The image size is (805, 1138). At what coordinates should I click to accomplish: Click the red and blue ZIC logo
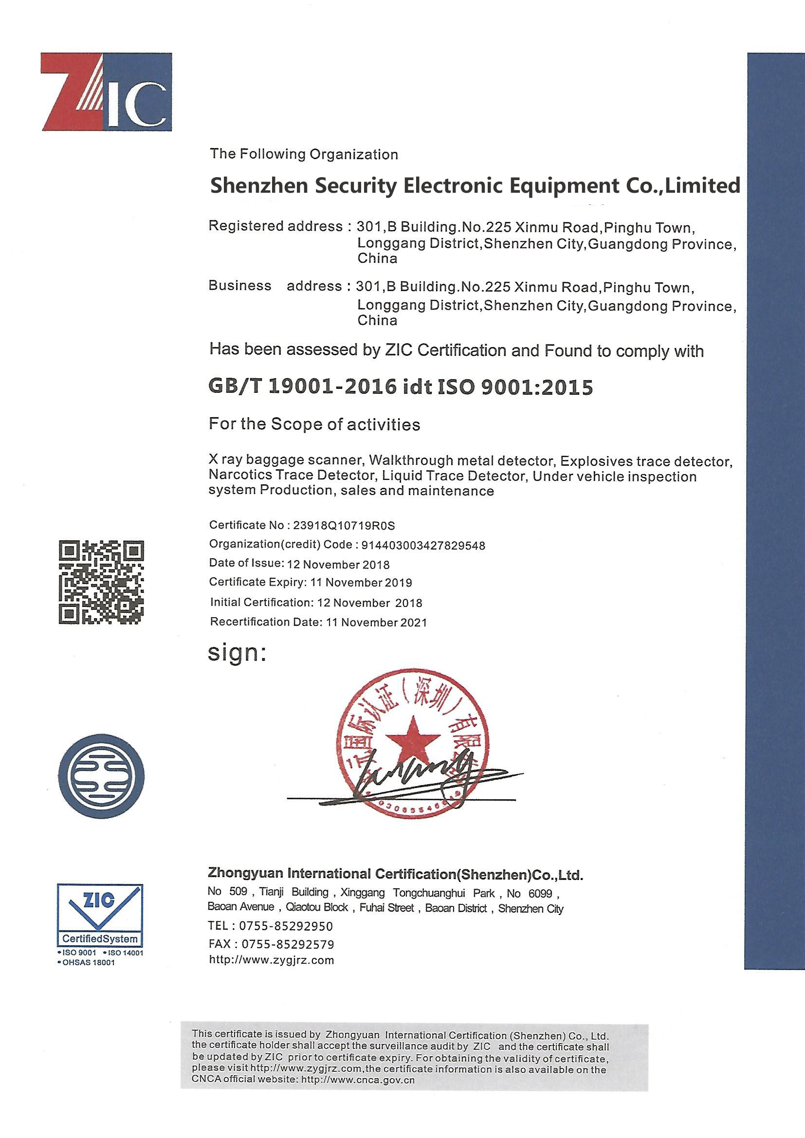[106, 92]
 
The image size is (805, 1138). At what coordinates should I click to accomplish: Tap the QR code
[101, 582]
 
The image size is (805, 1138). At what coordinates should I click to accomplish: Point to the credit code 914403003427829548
[423, 546]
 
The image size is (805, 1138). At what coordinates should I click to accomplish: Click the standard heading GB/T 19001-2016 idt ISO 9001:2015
[401, 387]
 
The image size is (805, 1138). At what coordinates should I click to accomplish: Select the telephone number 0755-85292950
[286, 926]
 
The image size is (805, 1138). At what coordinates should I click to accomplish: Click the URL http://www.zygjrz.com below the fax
[272, 960]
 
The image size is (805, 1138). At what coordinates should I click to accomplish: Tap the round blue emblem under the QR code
[101, 776]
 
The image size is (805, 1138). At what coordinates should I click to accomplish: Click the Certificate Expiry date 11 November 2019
[361, 583]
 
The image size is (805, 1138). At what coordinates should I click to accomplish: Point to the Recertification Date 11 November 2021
[376, 623]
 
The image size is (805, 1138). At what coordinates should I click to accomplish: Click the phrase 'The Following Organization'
[303, 154]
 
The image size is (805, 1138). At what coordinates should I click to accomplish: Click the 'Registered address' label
[275, 226]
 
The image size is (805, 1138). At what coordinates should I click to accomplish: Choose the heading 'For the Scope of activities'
[314, 424]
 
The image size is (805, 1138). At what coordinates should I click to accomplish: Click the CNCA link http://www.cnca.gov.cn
[358, 1079]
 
